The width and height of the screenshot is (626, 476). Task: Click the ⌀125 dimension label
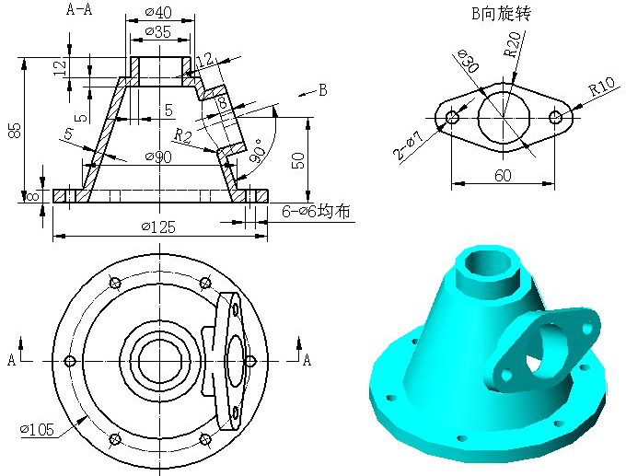tap(158, 226)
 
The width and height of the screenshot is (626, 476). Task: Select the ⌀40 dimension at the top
tap(158, 12)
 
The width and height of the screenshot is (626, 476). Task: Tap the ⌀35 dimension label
tap(157, 31)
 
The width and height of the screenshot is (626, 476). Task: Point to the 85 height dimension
tap(15, 130)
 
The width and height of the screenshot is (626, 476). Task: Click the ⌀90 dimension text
tap(158, 157)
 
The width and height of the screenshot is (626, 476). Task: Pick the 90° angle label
tap(258, 151)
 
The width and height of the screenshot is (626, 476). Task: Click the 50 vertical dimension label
tap(299, 160)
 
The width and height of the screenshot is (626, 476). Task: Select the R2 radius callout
tap(183, 135)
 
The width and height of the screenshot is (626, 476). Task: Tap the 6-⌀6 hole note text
tap(316, 211)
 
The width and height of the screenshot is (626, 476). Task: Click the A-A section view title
tap(79, 9)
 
